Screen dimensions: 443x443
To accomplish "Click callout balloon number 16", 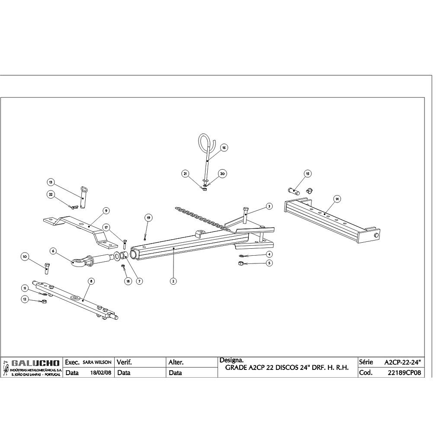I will [x=224, y=148].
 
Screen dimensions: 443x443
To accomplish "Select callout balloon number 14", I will [x=337, y=199].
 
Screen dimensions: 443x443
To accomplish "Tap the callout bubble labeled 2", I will [x=173, y=281].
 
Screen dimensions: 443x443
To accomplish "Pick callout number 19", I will [x=148, y=217].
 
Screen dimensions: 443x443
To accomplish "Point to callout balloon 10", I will [x=25, y=257].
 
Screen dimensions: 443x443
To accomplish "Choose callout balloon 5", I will [x=269, y=263].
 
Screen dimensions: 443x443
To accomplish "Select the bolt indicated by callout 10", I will [x=47, y=268].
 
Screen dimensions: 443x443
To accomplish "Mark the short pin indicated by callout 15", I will [x=295, y=190].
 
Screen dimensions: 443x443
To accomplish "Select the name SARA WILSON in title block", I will [x=97, y=362].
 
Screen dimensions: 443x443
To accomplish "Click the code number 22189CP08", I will [x=404, y=372].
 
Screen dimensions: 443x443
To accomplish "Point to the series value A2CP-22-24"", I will [x=402, y=362].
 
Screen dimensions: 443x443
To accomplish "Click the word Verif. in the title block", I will [x=124, y=362].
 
